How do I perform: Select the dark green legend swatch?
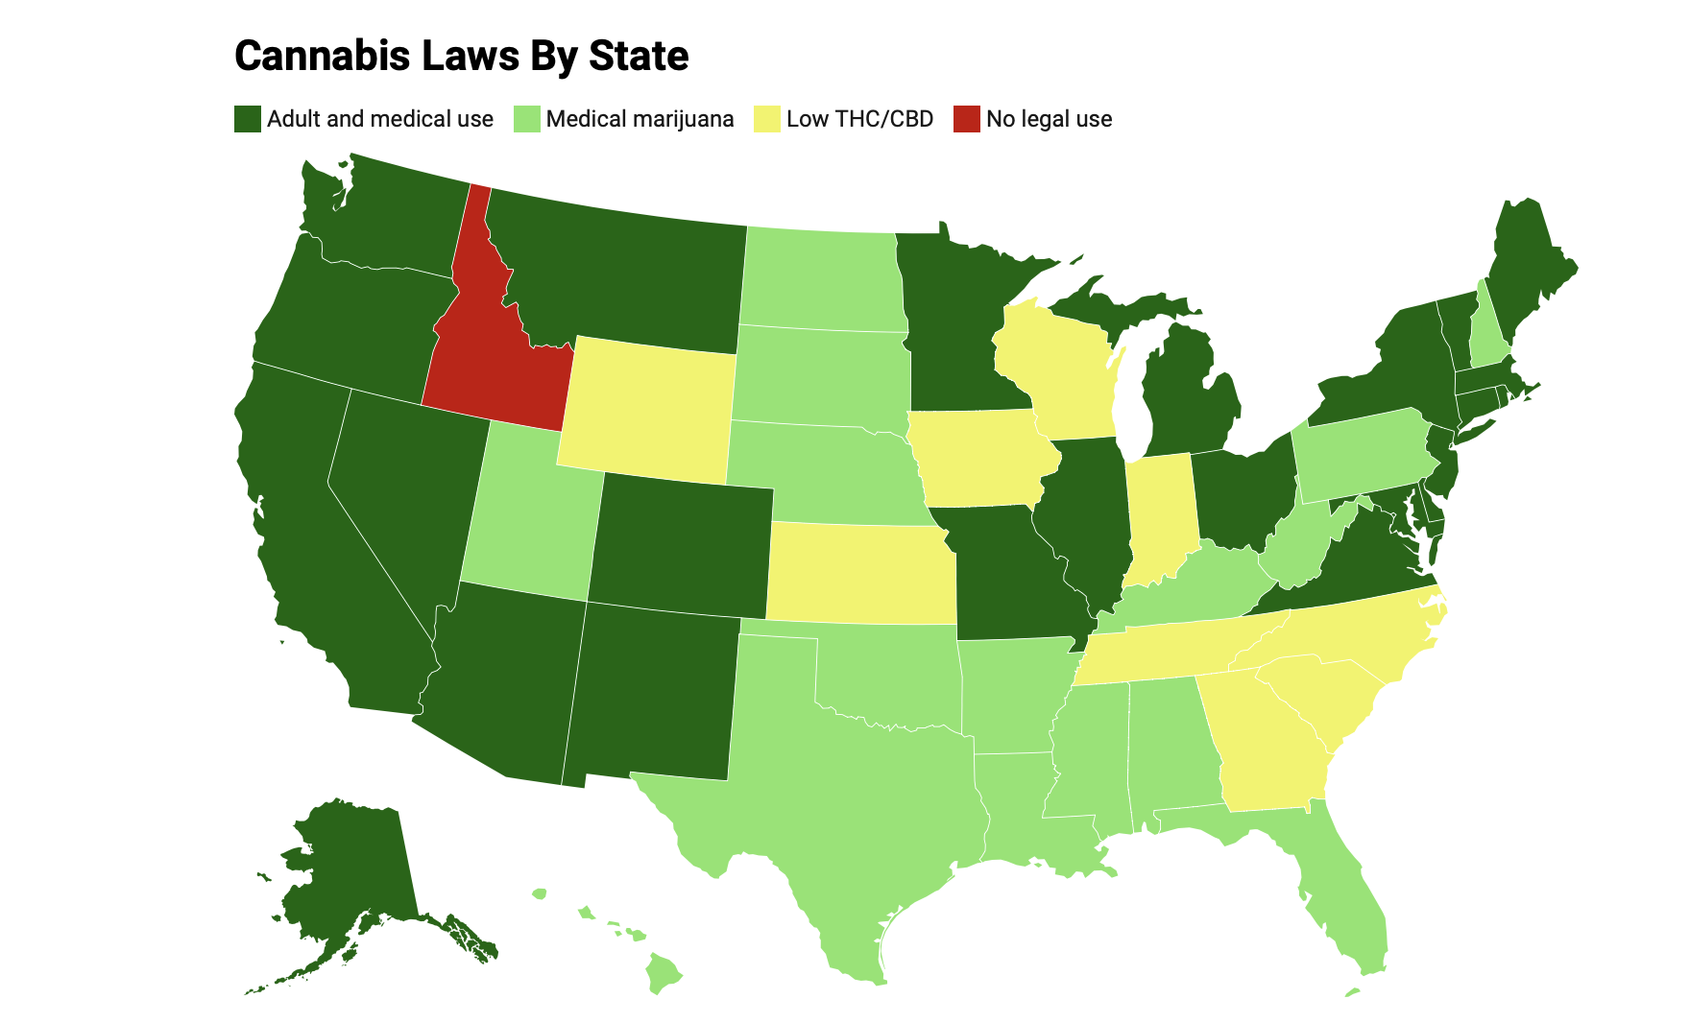point(248,119)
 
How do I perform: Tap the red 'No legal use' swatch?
point(966,119)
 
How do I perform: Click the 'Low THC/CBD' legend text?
point(859,119)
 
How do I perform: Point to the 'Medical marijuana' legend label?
point(640,119)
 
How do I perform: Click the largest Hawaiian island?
point(661,972)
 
